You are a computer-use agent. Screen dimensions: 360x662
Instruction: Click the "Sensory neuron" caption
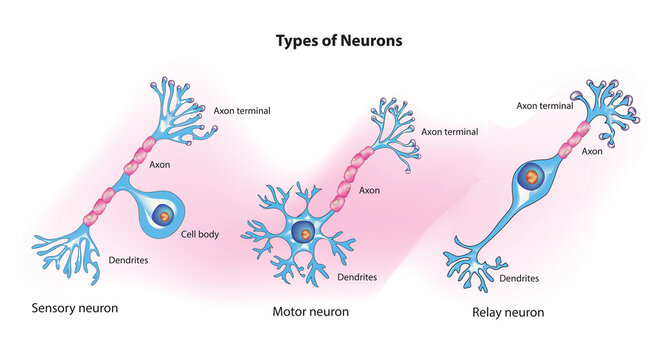pos(75,308)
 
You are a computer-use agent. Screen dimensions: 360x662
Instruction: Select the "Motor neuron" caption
pos(311,312)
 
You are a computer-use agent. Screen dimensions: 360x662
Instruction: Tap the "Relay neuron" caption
pos(508,312)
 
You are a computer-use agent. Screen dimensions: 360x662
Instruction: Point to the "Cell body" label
pos(201,236)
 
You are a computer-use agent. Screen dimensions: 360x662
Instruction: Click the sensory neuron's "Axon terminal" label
pos(242,110)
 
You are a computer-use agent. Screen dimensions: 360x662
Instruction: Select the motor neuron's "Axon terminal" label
pos(450,131)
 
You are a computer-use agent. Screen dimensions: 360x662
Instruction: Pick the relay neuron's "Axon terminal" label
pos(545,104)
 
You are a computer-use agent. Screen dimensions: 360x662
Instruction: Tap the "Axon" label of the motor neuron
pos(369,190)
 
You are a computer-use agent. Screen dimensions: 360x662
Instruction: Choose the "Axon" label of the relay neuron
pos(592,152)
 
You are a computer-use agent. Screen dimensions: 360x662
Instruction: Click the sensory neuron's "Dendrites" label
pos(130,259)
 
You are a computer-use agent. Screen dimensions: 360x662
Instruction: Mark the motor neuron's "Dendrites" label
pos(356,277)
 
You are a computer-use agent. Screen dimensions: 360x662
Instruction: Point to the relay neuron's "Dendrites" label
pos(521,279)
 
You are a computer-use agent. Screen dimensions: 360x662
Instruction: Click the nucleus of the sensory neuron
pos(165,214)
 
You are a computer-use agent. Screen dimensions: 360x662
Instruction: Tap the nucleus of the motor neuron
pos(304,233)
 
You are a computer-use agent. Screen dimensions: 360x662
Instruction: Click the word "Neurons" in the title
pos(371,42)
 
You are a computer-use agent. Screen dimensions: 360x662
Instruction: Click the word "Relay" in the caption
pos(487,312)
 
